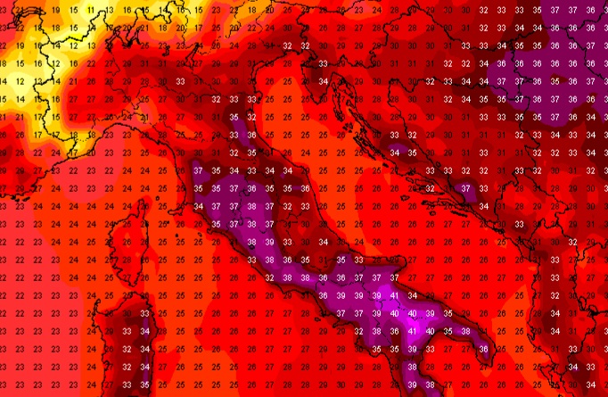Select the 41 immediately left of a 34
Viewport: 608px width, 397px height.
pos(394,295)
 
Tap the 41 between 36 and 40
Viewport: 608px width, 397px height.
pos(412,331)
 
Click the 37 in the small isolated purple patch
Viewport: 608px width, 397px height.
pos(465,188)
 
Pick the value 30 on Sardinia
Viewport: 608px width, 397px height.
pos(127,313)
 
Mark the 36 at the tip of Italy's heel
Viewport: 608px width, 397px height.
pos(483,349)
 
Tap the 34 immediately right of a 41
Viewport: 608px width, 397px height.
pos(412,295)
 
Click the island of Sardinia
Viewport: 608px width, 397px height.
pos(130,339)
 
